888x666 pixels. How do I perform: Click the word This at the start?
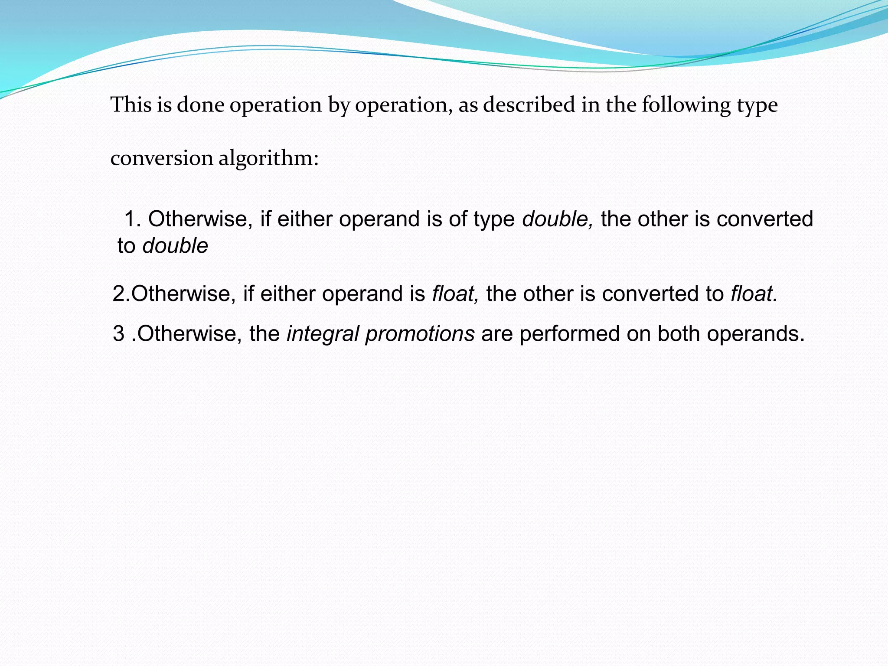tap(131, 105)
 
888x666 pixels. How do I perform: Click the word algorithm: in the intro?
tap(269, 159)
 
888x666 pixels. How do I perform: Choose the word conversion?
tap(161, 158)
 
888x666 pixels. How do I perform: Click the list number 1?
tap(132, 219)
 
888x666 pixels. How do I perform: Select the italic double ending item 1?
tap(175, 246)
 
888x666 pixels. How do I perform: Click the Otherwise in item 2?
tap(183, 294)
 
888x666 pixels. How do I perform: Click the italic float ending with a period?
tap(754, 294)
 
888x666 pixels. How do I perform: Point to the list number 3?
tap(118, 334)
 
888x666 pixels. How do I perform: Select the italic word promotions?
tap(419, 334)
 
